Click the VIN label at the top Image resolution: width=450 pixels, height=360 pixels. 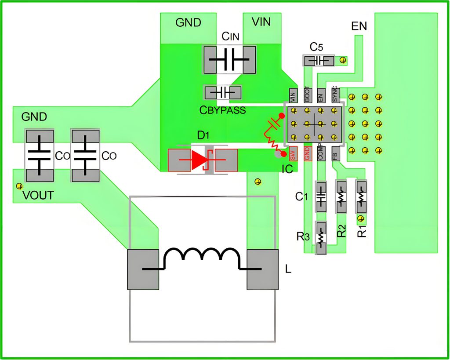click(261, 22)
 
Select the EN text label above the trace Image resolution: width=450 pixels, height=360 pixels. click(359, 26)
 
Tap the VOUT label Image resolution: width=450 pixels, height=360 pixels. click(38, 196)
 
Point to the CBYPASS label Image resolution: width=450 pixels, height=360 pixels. click(223, 110)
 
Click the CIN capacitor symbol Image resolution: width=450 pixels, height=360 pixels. click(229, 60)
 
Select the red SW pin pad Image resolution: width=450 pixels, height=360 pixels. click(293, 154)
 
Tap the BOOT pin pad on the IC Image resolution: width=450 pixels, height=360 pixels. click(307, 95)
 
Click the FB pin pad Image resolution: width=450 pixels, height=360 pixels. click(335, 153)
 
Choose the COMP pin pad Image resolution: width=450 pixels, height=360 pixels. click(321, 153)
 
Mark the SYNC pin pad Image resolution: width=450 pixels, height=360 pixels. click(335, 95)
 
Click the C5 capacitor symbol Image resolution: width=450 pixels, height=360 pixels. click(319, 61)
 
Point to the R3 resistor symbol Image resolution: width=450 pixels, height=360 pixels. click(321, 238)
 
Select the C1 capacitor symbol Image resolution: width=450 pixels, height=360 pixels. click(321, 197)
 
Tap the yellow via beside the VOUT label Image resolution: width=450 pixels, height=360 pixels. click(19, 186)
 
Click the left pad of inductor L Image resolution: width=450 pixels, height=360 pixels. click(143, 269)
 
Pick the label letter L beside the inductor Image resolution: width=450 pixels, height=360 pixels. click(288, 269)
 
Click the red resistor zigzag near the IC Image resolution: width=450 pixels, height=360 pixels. click(273, 142)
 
